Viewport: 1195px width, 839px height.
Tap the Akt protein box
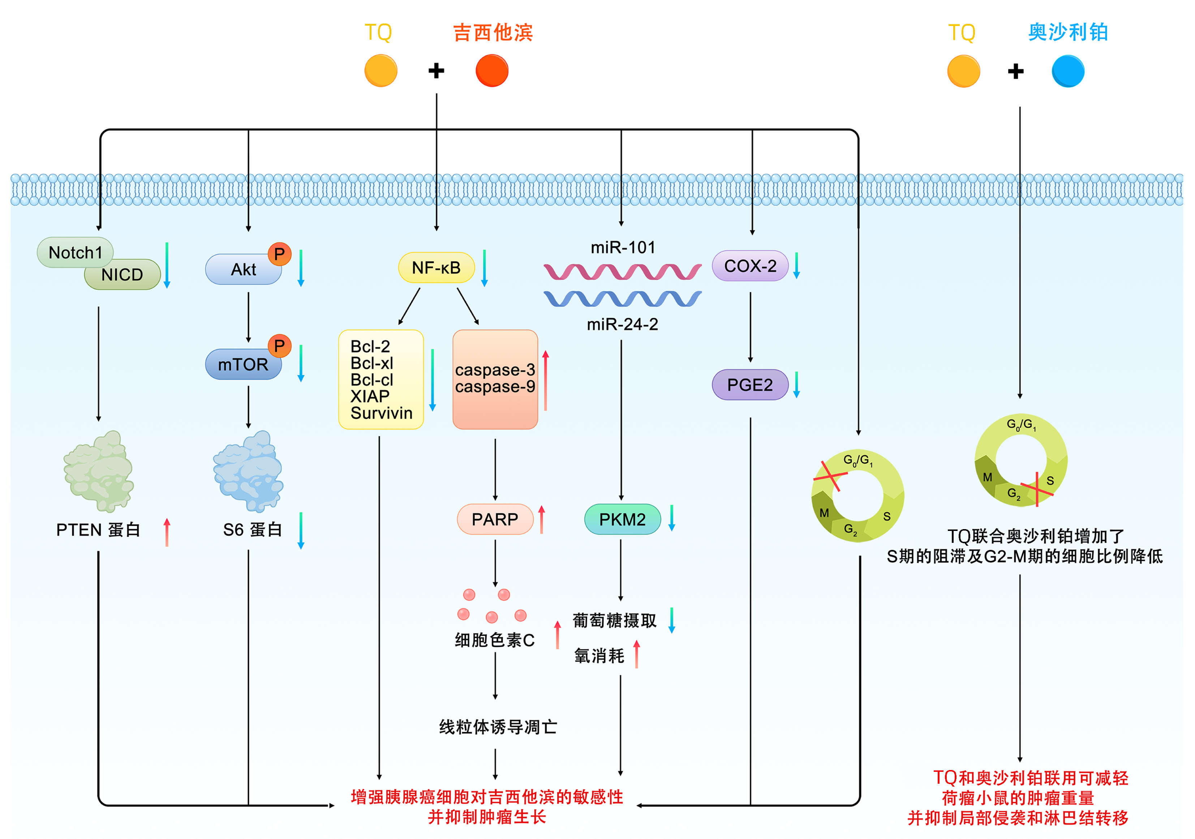pyautogui.click(x=243, y=269)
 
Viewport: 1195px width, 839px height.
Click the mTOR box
pyautogui.click(x=243, y=364)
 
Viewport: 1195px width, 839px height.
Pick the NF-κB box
pyautogui.click(x=436, y=268)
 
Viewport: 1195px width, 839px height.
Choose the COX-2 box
pyautogui.click(x=750, y=266)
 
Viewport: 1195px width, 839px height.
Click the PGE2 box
pyautogui.click(x=750, y=385)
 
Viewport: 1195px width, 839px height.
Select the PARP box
pyautogui.click(x=495, y=519)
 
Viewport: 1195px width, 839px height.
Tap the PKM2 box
pyautogui.click(x=623, y=519)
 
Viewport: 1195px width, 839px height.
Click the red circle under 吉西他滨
pyautogui.click(x=492, y=71)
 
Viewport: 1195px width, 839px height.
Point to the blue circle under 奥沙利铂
pyautogui.click(x=1068, y=71)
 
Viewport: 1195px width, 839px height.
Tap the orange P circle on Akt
pyautogui.click(x=279, y=254)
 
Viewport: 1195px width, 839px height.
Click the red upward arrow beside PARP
pyautogui.click(x=542, y=519)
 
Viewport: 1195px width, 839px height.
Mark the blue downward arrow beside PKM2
pyautogui.click(x=672, y=518)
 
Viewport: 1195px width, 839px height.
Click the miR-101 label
pyautogui.click(x=623, y=248)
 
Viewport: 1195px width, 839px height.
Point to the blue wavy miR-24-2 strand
pyautogui.click(x=623, y=299)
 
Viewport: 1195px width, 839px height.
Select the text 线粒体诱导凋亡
pyautogui.click(x=498, y=727)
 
